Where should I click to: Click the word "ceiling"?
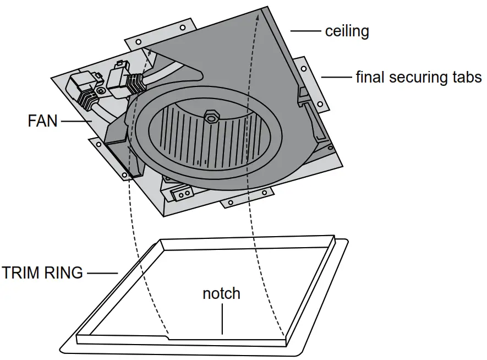coord(347,31)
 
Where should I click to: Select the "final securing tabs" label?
coord(418,77)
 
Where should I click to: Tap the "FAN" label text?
coord(42,121)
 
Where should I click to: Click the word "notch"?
coord(221,293)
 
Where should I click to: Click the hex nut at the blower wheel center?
coord(211,116)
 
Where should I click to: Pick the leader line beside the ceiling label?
coord(305,31)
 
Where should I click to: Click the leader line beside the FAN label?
coord(76,121)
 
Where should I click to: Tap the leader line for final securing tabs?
coord(336,77)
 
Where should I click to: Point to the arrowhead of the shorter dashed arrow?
coord(150,51)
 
